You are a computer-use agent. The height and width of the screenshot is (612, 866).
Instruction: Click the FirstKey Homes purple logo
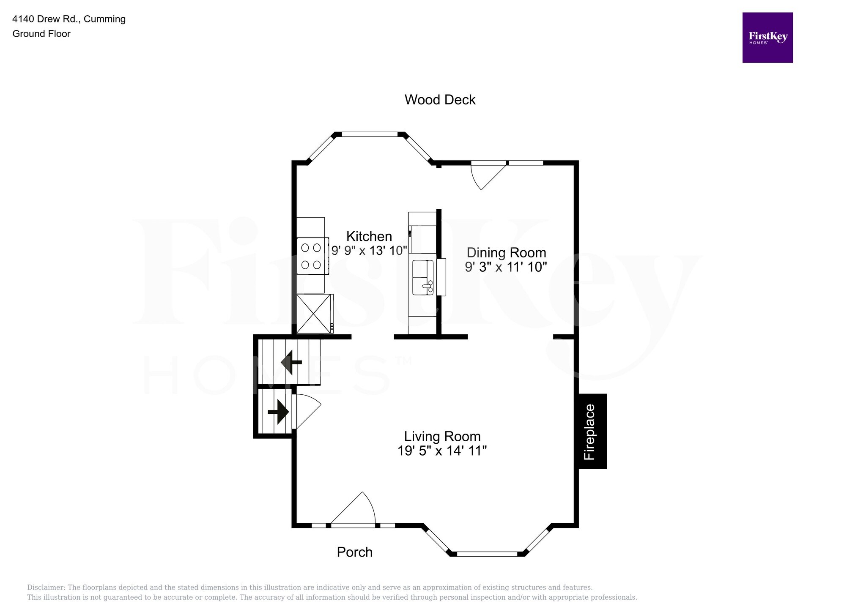[x=767, y=38]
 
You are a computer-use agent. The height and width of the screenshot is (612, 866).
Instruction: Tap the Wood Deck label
[x=440, y=100]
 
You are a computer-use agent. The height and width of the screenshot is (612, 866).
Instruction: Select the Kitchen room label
[x=369, y=236]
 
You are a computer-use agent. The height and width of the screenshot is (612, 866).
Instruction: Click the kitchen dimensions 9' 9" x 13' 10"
[x=369, y=251]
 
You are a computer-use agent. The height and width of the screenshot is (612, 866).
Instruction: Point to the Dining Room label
[x=506, y=253]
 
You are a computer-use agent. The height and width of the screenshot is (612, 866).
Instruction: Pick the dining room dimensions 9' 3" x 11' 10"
[x=506, y=267]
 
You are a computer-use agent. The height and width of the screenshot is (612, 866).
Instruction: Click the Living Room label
[x=442, y=436]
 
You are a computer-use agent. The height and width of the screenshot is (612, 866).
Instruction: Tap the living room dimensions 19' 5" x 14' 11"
[x=442, y=451]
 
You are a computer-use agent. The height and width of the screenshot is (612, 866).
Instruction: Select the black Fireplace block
[x=592, y=431]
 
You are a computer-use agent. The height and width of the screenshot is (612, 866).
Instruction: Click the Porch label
[x=354, y=552]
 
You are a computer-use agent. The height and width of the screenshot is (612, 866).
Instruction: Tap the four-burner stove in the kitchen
[x=312, y=256]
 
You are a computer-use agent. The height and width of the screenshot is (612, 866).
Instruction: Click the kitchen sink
[x=423, y=277]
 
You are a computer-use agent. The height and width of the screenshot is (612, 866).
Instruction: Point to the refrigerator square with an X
[x=314, y=314]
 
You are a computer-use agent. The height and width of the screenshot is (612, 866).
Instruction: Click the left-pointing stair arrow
[x=291, y=362]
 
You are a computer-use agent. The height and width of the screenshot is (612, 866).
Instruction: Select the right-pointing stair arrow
[x=278, y=411]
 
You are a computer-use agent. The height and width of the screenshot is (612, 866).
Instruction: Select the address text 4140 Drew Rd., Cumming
[x=69, y=19]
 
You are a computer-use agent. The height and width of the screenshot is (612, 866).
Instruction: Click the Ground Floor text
[x=41, y=34]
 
